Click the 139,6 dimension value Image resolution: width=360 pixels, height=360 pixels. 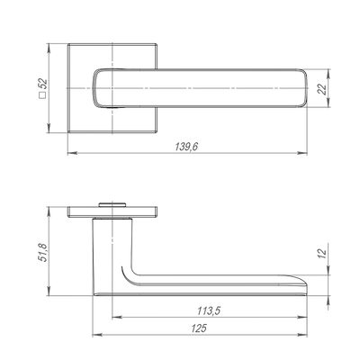point(186,147)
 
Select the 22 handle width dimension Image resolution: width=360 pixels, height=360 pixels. point(322,89)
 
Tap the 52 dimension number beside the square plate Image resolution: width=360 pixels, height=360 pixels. point(43,83)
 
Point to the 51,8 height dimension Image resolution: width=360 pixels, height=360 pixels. point(43,253)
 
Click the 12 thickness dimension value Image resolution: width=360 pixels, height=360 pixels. point(322,254)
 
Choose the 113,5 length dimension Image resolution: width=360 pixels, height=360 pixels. point(209,310)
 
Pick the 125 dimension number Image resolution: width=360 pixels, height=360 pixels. point(199,328)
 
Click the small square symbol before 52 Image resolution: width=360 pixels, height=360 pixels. point(43,95)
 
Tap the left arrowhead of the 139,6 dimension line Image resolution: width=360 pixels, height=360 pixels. point(73,153)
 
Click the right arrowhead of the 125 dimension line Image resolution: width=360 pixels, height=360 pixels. point(301,335)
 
